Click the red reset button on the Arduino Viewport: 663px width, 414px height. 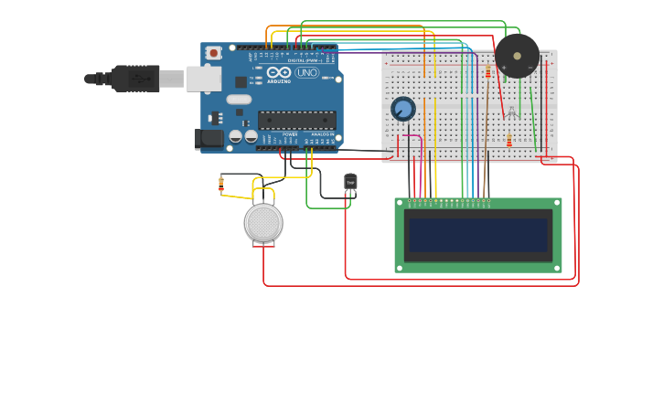tap(213, 53)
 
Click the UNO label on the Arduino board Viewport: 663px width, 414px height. tap(307, 72)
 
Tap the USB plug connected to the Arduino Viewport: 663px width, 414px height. tap(137, 79)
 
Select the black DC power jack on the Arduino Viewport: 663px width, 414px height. tap(209, 139)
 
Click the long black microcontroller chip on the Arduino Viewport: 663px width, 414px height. tap(296, 120)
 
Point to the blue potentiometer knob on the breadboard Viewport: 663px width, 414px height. tap(403, 109)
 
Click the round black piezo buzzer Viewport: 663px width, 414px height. tap(517, 56)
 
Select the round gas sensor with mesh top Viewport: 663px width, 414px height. tap(263, 223)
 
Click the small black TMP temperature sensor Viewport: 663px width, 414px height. tap(350, 182)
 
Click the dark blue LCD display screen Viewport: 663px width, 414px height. tap(478, 235)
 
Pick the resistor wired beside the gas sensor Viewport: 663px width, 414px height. tap(221, 185)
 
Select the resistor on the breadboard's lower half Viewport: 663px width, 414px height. tap(509, 141)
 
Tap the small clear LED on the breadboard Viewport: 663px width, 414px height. tap(512, 112)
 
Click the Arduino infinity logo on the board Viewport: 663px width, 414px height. tap(279, 72)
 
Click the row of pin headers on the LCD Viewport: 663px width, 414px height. tap(449, 201)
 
